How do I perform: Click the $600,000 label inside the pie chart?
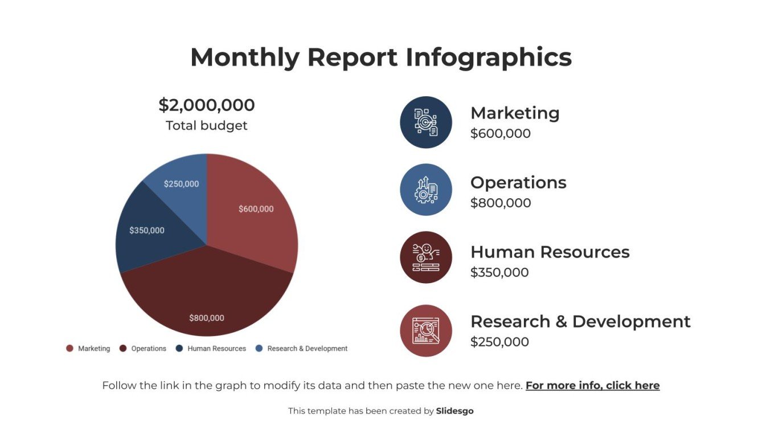(256, 209)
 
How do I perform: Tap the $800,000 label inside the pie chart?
(207, 318)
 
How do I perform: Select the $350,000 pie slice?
(147, 231)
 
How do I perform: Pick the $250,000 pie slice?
(181, 184)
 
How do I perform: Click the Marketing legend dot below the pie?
(70, 349)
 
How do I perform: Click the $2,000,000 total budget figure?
(207, 105)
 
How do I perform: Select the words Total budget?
(207, 126)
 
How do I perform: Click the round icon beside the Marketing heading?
(426, 122)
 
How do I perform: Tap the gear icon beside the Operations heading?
(426, 190)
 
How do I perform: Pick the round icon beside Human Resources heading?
(426, 258)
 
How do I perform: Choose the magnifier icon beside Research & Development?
(426, 330)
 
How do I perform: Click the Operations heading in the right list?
(518, 182)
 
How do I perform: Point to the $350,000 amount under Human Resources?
(499, 272)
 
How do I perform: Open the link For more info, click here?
(592, 386)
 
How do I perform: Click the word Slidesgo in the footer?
(454, 411)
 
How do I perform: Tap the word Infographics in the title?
(489, 58)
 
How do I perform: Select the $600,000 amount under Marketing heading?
(501, 133)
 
